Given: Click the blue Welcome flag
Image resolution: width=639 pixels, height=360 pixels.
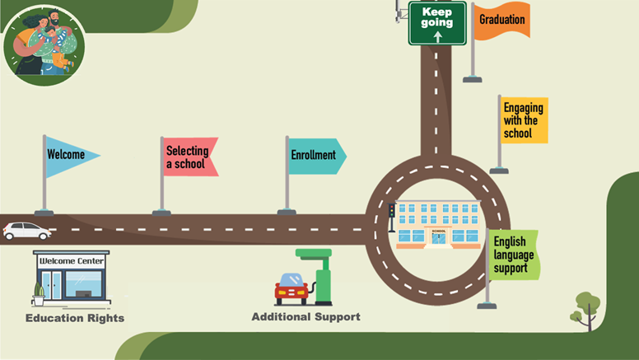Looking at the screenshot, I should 69,156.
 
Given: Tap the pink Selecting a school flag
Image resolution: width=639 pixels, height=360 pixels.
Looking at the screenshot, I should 189,157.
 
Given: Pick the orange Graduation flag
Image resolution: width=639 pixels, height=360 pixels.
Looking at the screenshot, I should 501,21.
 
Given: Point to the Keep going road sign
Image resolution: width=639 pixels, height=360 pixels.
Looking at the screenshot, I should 437,22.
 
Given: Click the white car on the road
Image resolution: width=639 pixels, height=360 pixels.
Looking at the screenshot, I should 26,231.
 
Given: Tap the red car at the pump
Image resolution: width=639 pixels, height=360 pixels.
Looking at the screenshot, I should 291,289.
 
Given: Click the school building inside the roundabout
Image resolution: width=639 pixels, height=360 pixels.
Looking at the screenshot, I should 437,225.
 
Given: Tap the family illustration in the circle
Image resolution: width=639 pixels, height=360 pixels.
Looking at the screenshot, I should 44,43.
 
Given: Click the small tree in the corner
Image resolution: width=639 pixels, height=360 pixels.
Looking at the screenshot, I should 587,306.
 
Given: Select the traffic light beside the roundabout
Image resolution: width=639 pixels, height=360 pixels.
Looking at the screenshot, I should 391,213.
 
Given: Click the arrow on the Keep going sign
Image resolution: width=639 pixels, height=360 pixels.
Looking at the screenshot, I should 437,36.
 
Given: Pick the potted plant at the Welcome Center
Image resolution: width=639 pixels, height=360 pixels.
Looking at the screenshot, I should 39,293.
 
